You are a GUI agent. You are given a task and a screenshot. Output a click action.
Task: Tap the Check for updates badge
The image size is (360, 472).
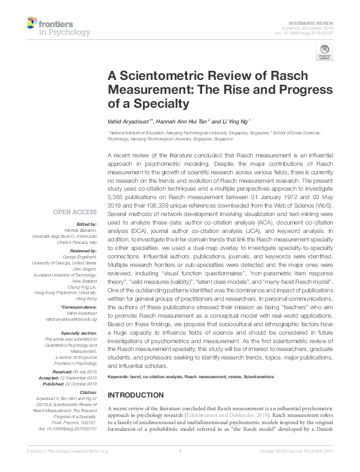(x=324, y=54)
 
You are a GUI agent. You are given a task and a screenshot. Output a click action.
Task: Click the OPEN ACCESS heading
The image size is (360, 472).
(x=75, y=212)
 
